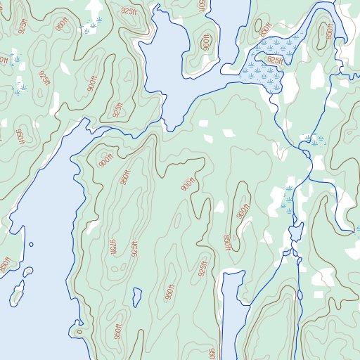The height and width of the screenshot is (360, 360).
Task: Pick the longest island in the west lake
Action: (x=17, y=293)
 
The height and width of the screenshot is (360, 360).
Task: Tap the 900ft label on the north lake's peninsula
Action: (x=205, y=42)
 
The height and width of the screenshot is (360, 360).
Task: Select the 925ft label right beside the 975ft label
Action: (x=133, y=249)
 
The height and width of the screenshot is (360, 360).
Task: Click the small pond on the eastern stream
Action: (x=295, y=231)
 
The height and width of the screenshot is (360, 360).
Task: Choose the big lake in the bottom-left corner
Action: (x=35, y=309)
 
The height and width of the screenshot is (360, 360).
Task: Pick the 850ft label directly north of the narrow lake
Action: (x=227, y=243)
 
